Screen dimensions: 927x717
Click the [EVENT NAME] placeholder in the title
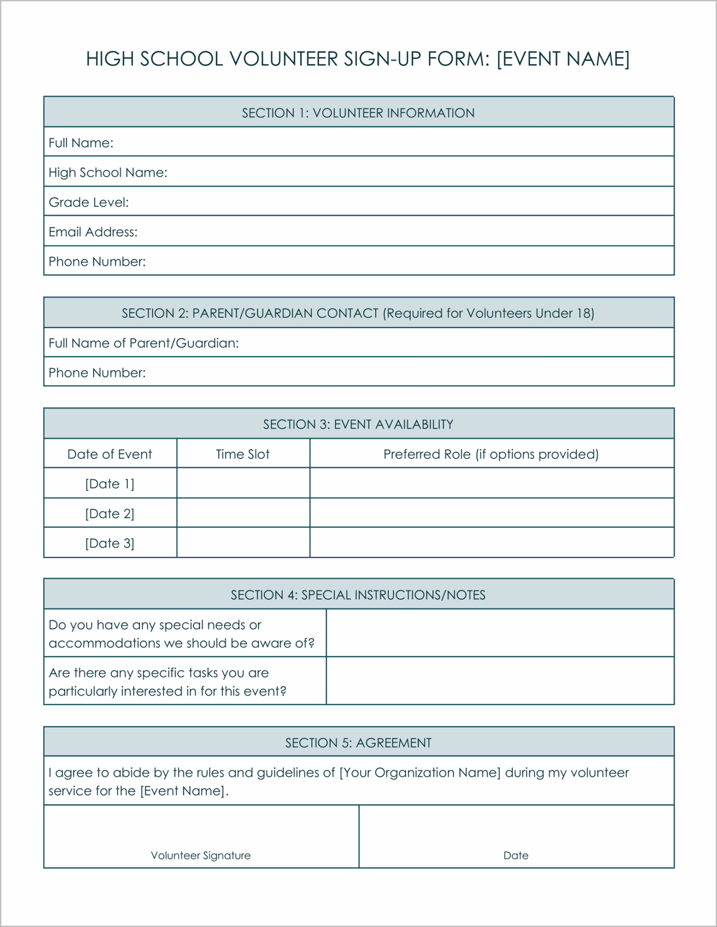tap(563, 59)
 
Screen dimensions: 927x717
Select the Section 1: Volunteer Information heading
tap(358, 113)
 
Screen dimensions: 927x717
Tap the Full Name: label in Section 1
tap(81, 143)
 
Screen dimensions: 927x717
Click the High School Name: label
tap(108, 172)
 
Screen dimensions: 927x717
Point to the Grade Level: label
tap(89, 202)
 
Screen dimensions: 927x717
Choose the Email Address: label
tap(93, 232)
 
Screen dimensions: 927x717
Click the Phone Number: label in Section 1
tap(97, 262)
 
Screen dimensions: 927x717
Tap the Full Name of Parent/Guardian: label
tap(143, 343)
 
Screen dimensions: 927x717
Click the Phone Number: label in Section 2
tap(97, 373)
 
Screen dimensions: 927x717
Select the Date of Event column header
tap(110, 454)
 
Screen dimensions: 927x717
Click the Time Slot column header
tap(243, 454)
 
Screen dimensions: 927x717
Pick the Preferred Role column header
tap(491, 454)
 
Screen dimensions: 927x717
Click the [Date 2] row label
tap(110, 514)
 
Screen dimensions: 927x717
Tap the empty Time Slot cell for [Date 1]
tap(243, 483)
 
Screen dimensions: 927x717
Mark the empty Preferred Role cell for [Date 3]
tap(492, 543)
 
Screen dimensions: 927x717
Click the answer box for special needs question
tap(500, 633)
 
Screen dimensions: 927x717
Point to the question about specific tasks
tap(167, 682)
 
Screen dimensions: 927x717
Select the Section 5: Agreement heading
tap(358, 743)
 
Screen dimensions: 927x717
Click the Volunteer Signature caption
tap(201, 855)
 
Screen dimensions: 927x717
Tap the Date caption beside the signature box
tap(516, 855)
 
